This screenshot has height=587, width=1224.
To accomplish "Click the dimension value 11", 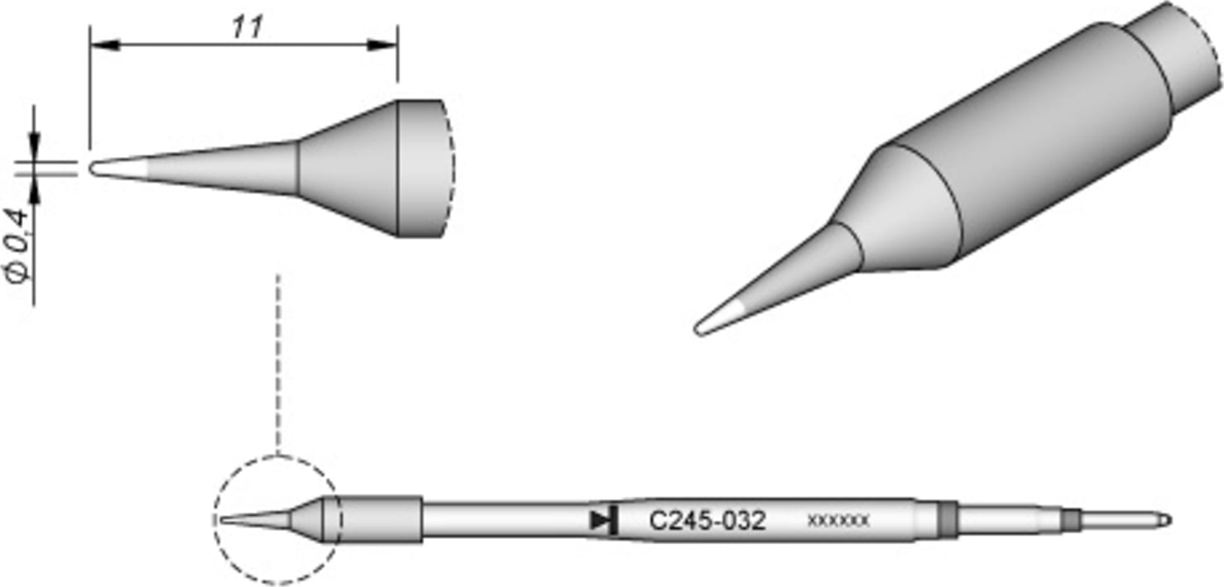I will click(246, 26).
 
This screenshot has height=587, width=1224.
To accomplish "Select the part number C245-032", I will click(708, 521).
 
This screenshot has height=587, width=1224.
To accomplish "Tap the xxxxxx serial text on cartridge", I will click(838, 521).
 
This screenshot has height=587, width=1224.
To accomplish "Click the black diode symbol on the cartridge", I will click(604, 520).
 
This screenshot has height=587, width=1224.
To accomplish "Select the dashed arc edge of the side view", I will click(452, 169).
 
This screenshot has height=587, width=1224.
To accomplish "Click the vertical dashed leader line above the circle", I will click(279, 364).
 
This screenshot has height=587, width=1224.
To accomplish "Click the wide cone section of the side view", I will click(348, 169).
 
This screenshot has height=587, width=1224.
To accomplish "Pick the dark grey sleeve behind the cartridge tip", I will click(381, 520).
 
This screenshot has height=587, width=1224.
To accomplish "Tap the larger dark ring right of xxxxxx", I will click(948, 520).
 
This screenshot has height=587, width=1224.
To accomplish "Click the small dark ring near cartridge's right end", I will click(1073, 520).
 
